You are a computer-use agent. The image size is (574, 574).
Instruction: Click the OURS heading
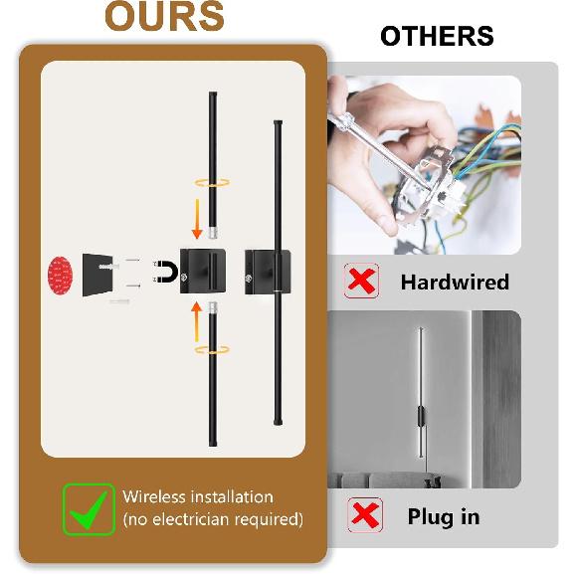(x=164, y=17)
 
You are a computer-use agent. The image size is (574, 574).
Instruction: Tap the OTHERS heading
(x=437, y=36)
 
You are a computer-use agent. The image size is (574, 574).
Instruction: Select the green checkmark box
(x=89, y=509)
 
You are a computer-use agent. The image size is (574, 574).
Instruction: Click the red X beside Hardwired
(x=361, y=281)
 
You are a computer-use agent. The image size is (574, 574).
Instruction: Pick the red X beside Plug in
(x=365, y=515)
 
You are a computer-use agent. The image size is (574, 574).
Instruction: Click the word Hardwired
(x=455, y=282)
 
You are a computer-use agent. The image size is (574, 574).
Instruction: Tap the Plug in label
(x=444, y=517)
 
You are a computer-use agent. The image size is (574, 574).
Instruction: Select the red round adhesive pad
(x=61, y=275)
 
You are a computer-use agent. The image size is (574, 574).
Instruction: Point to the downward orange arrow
(x=197, y=219)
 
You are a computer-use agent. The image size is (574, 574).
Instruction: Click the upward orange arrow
(x=197, y=321)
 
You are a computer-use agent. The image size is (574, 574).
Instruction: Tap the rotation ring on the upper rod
(x=212, y=182)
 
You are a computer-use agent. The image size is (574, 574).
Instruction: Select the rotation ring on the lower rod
(x=212, y=349)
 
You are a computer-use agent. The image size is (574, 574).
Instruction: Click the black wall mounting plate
(x=97, y=275)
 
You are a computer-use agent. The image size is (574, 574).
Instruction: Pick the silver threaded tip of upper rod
(x=213, y=233)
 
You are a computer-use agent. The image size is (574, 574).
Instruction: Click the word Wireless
(x=154, y=496)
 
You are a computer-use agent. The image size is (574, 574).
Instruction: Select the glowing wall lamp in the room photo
(x=421, y=392)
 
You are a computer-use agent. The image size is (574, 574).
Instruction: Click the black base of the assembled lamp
(x=268, y=273)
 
